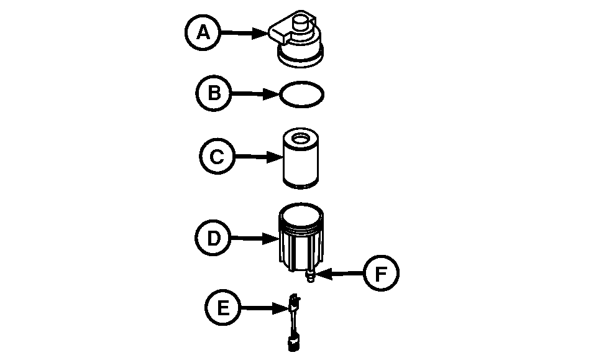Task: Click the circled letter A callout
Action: [x=203, y=32]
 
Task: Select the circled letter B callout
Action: [x=214, y=94]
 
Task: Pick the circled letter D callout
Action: [x=213, y=238]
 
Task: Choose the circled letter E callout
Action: [x=222, y=307]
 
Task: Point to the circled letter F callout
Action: [x=380, y=274]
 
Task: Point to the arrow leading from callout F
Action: [x=339, y=274]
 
